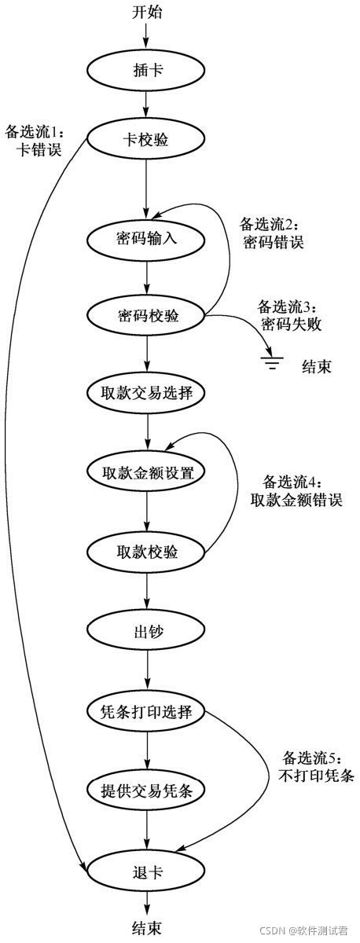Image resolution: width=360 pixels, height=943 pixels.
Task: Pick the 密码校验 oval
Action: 147,317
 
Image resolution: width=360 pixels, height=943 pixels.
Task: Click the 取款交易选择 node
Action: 147,394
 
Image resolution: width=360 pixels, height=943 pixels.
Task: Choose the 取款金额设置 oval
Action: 147,473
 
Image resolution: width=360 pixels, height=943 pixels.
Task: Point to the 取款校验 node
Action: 147,552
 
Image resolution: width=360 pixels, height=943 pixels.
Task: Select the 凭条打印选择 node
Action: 147,712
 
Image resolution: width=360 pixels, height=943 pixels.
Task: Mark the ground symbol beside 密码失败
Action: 273,361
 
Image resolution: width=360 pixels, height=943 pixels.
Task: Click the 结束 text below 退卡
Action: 147,929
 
